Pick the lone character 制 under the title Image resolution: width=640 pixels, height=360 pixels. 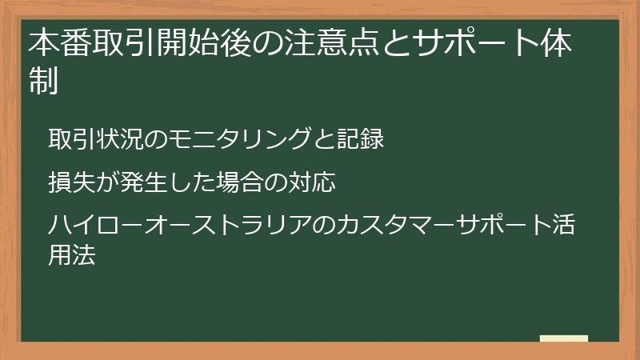[x=45, y=81]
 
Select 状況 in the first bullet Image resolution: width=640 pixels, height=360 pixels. [x=116, y=138]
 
